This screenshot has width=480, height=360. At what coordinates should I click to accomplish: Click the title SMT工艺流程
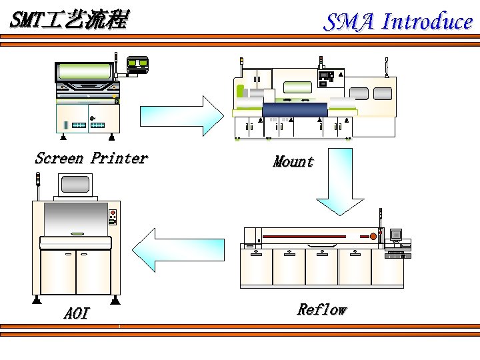pos(70,19)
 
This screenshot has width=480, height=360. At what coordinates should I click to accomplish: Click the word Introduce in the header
pos(427,21)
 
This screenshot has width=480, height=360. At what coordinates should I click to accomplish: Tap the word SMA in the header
pos(349,22)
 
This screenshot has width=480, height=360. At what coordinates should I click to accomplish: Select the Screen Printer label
pos(91,158)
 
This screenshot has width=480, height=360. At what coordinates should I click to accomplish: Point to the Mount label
pos(293,161)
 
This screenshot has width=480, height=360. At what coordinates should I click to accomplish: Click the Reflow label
pos(322,309)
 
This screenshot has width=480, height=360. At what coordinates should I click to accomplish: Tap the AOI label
pos(77,313)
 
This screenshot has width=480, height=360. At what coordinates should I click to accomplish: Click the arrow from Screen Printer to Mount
pos(182,116)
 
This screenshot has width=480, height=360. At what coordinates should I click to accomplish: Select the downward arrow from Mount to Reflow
pos(340,182)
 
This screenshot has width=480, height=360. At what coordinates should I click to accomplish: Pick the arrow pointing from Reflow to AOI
pos(178,250)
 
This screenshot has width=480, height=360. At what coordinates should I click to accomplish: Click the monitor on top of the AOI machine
pos(75,185)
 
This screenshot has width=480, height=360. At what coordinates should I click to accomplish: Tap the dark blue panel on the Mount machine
pos(295,109)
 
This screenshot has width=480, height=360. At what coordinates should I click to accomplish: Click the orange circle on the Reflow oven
pos(373,236)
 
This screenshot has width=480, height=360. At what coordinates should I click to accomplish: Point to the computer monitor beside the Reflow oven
pos(396,235)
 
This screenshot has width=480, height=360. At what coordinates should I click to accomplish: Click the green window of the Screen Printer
pos(85,71)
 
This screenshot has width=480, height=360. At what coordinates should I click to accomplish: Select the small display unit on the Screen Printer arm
pos(138,64)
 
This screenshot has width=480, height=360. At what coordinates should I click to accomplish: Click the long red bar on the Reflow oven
pos(304,236)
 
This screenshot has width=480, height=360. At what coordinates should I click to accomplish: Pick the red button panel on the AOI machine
pos(113,217)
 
